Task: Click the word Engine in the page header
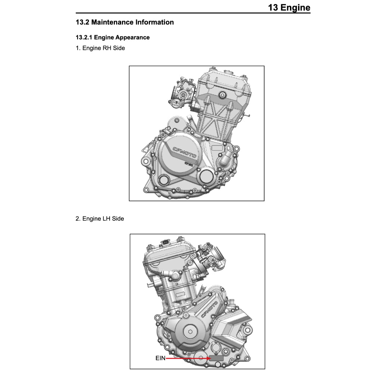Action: click(295, 7)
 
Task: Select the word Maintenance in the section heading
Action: click(112, 22)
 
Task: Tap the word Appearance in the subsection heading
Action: click(132, 37)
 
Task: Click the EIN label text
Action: click(160, 358)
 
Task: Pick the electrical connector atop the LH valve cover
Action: click(165, 244)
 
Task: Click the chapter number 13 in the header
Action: click(273, 7)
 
